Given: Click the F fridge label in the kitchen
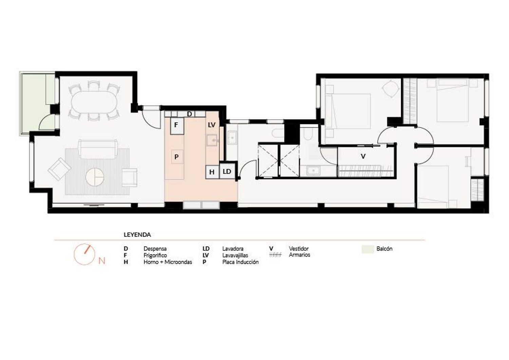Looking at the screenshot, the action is pos(176,125).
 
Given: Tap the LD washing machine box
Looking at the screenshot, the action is pos(227,172).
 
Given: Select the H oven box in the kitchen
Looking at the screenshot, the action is pos(212,172).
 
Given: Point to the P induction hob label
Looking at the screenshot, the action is pos(176,157).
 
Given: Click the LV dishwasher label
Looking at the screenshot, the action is pos(211,125).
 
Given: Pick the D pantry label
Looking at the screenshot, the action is pos(189,114).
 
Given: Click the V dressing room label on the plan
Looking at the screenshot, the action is pos(363,156).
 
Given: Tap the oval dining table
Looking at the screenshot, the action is pos(94,102).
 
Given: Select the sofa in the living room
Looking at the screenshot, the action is pos(98,149).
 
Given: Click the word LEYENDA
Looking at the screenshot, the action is pos(137,235).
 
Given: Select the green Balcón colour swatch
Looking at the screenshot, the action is pos(367,249).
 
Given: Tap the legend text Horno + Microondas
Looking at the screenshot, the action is pos(168,262).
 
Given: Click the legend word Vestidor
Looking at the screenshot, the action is pos(299,248).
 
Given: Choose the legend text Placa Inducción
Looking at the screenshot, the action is pos(240,262).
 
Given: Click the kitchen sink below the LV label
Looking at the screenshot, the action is pos(212,140).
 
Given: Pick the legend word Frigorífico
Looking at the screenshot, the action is pos(155,255).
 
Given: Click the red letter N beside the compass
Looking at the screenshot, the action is pos(102,261).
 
